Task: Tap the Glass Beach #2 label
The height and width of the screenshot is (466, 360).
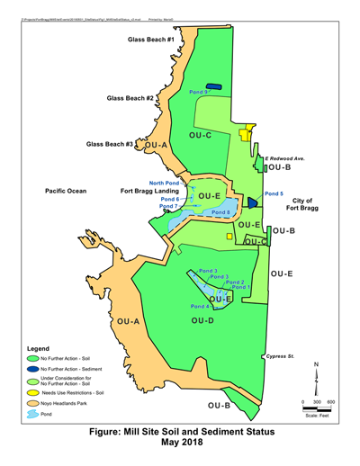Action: coord(130,98)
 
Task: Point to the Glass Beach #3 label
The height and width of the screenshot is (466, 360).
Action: coord(110,144)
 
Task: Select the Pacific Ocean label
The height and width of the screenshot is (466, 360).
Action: coord(66,192)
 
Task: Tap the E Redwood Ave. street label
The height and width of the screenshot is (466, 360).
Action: coord(284,157)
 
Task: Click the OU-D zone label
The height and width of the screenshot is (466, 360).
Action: coord(202,319)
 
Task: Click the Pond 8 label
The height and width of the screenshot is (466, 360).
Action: coord(220,212)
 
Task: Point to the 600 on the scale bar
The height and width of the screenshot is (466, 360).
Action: coord(330,402)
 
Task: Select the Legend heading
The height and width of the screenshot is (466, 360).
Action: coord(43,346)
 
